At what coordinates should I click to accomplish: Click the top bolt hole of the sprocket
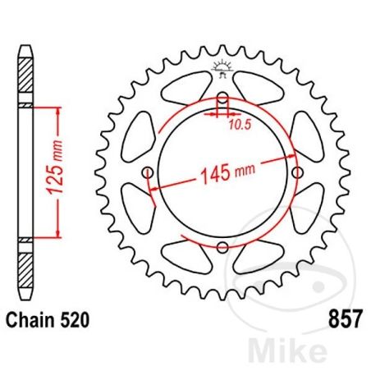tap(222, 101)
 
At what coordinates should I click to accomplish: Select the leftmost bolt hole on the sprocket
tap(148, 173)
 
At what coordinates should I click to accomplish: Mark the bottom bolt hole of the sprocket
tap(222, 247)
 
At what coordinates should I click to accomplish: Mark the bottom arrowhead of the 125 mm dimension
tap(57, 233)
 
